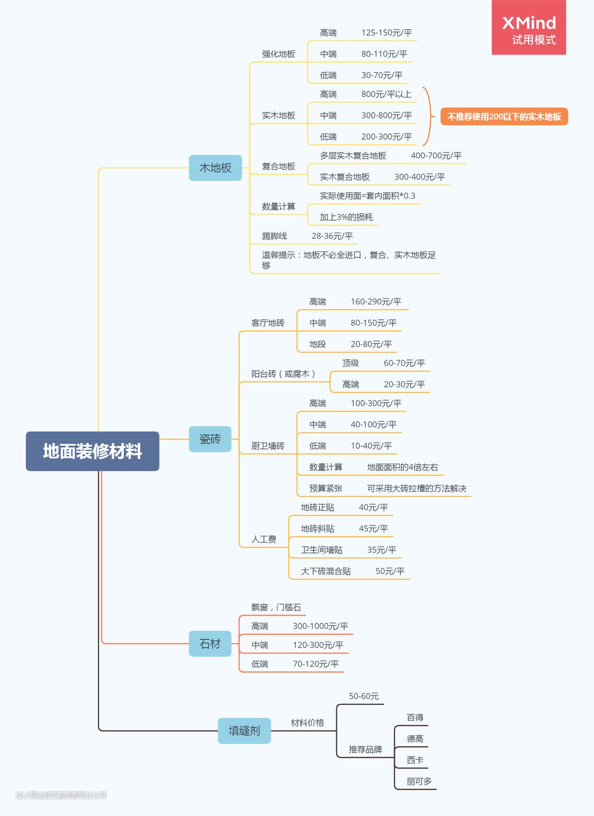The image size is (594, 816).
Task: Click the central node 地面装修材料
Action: [92, 451]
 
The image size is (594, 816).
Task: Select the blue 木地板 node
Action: [215, 168]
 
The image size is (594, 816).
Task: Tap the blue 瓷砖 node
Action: [210, 439]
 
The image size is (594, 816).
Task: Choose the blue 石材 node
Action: [210, 643]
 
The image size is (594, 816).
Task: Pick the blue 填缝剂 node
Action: [244, 730]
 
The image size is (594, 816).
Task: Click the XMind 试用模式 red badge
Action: [529, 28]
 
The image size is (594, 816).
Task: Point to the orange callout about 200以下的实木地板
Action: [504, 117]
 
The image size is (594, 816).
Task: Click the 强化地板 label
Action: [279, 54]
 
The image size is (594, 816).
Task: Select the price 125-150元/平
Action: [387, 33]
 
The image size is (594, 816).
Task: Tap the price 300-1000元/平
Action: [321, 626]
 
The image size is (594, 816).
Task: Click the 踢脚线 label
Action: [274, 236]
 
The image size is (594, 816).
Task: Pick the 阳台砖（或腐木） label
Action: [283, 374]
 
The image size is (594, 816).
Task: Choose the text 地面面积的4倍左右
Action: [403, 467]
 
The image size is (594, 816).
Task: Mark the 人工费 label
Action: [263, 539]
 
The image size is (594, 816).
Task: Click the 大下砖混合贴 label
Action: [326, 571]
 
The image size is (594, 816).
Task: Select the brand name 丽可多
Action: [419, 781]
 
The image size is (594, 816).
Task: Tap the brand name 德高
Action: [415, 738]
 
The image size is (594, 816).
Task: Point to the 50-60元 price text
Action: [364, 696]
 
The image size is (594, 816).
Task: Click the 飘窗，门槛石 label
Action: [276, 607]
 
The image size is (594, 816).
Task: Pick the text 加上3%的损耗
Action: [346, 217]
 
